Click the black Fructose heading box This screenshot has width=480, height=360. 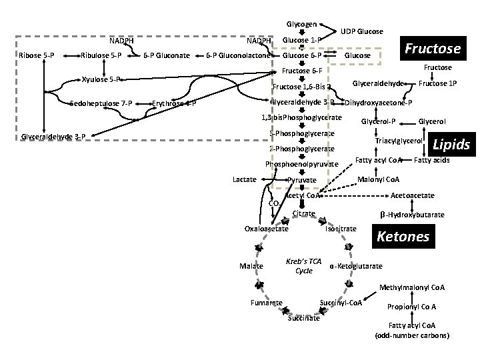pyautogui.click(x=433, y=48)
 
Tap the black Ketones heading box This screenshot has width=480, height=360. pyautogui.click(x=403, y=237)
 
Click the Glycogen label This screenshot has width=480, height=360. pyautogui.click(x=301, y=23)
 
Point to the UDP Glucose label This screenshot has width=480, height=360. pyautogui.click(x=361, y=31)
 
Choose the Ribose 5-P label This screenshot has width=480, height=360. pyautogui.click(x=37, y=55)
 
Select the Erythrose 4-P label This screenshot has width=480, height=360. pyautogui.click(x=173, y=103)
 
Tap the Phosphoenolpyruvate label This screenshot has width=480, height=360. pyautogui.click(x=301, y=164)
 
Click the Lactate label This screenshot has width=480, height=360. pyautogui.click(x=245, y=179)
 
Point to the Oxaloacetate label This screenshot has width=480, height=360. pyautogui.click(x=267, y=229)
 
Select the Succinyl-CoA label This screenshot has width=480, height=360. pyautogui.click(x=341, y=303)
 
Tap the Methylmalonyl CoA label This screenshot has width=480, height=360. pyautogui.click(x=411, y=288)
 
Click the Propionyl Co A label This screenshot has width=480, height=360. pyautogui.click(x=411, y=307)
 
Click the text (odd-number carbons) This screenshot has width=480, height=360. pyautogui.click(x=412, y=335)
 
